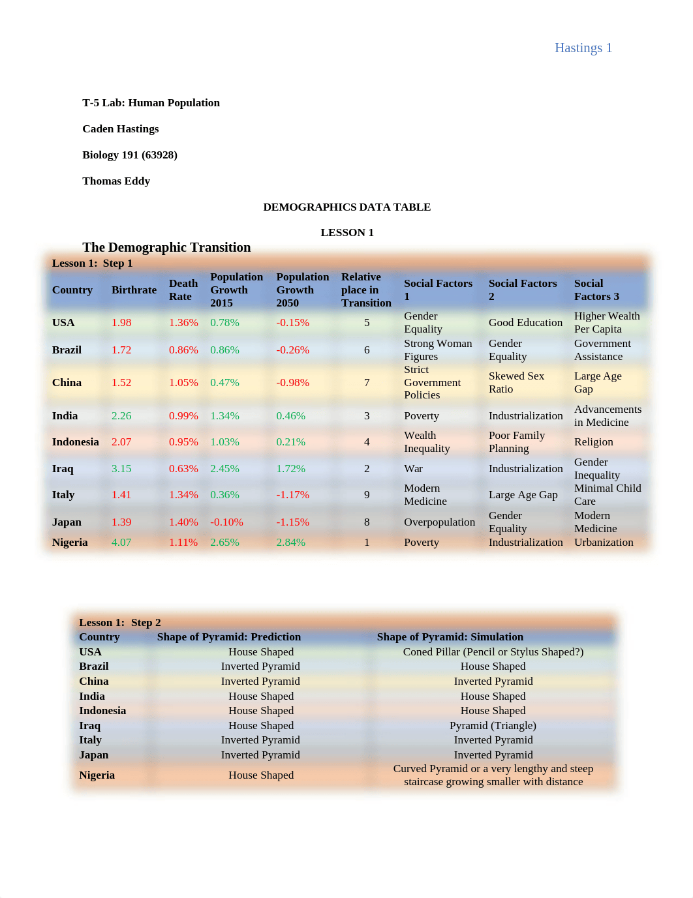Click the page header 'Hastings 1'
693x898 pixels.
583,48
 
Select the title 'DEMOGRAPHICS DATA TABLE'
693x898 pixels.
346,207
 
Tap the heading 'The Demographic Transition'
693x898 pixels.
166,247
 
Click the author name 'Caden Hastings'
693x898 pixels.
120,128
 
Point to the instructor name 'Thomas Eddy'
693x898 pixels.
116,181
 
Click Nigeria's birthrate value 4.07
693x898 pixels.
121,542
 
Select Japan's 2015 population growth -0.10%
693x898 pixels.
226,522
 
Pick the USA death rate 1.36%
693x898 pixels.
183,322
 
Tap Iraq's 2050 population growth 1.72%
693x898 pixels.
290,468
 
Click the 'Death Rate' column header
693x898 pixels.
183,290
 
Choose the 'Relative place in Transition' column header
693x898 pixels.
366,290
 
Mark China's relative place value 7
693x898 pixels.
367,382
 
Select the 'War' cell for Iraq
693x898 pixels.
413,468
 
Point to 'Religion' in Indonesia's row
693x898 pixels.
593,442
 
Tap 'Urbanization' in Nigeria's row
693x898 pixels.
604,542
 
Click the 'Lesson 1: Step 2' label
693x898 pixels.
119,622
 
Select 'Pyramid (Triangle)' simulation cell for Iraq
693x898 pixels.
493,725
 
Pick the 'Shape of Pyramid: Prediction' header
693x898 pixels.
228,636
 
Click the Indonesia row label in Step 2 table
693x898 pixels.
102,710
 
